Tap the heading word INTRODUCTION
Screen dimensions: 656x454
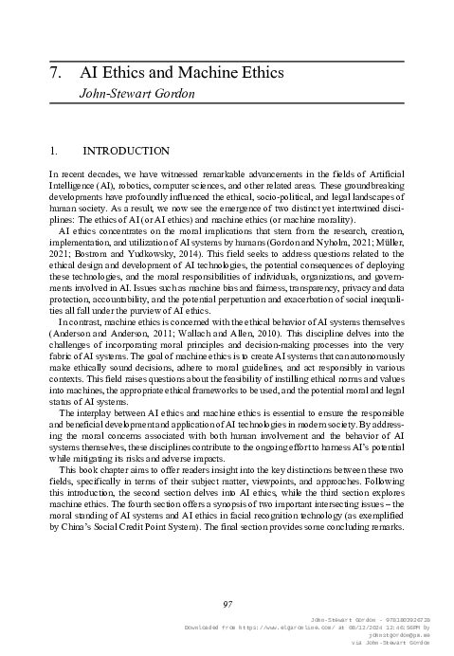click(126, 151)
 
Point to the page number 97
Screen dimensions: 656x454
click(227, 604)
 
